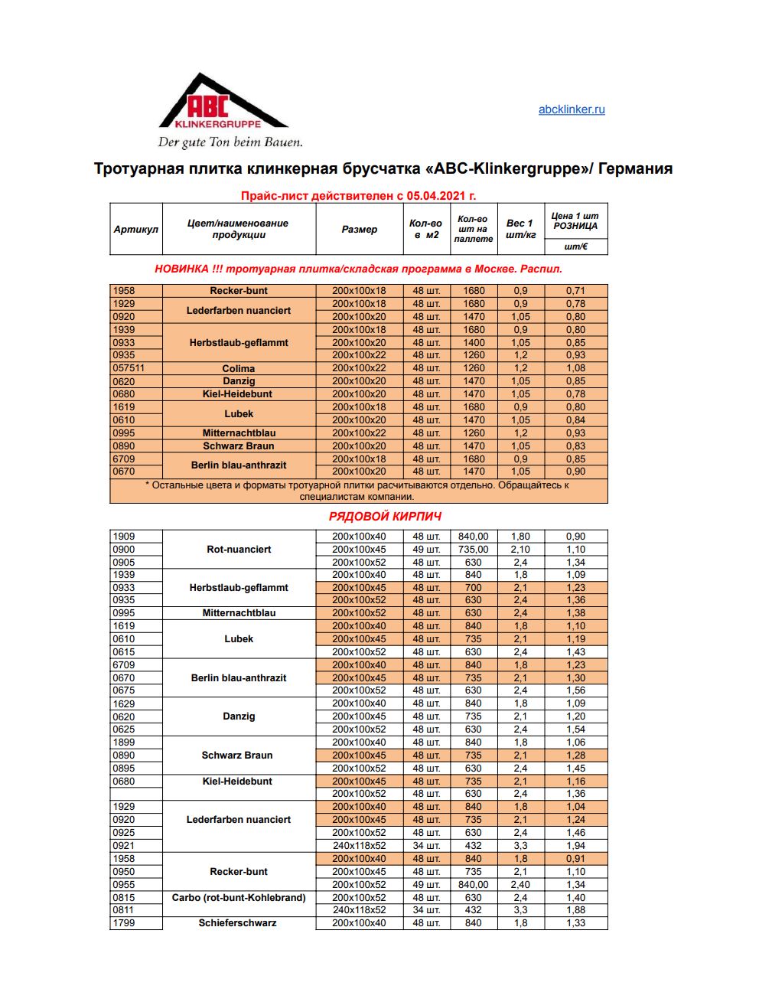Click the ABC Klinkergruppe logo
tap(223, 107)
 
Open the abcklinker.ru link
tap(571, 109)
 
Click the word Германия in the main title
tap(635, 168)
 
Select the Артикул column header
tap(135, 229)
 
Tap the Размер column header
tap(359, 229)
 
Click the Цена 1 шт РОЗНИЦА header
tap(575, 221)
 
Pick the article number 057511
tap(129, 368)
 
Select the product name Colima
tap(239, 368)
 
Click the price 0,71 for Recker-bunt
tap(575, 291)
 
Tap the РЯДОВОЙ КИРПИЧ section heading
tap(385, 517)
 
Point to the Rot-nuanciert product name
tap(239, 550)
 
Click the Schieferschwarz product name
tap(237, 923)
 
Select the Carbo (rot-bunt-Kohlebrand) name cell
tap(239, 897)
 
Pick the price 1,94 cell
tap(575, 846)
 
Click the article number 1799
tap(124, 923)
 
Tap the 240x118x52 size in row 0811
tap(359, 910)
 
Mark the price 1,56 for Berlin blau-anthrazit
tap(575, 690)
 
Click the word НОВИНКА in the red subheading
tap(181, 269)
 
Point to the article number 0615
tap(124, 652)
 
